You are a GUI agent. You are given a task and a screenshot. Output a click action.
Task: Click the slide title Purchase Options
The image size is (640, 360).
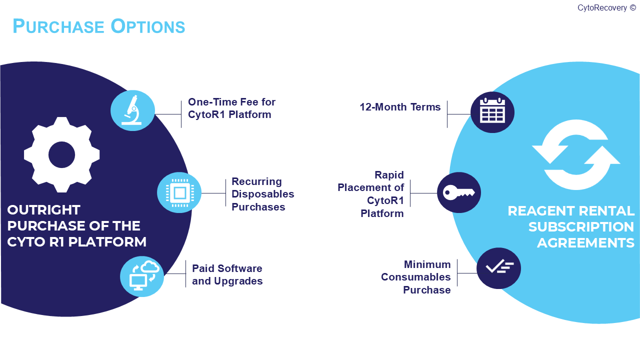pyautogui.click(x=98, y=26)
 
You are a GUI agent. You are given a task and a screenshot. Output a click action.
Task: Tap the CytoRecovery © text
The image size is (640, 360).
pyautogui.click(x=606, y=7)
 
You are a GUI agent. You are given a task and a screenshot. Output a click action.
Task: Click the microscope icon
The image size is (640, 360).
pyautogui.click(x=132, y=110)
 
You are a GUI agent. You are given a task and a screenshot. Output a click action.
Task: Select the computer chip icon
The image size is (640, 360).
pyautogui.click(x=179, y=192)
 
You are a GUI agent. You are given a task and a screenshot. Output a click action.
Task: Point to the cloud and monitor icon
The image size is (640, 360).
pyautogui.click(x=142, y=275)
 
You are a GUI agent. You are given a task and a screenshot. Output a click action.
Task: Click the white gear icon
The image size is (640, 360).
pyautogui.click(x=61, y=154)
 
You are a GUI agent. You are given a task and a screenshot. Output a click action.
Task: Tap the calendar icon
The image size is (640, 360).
pyautogui.click(x=492, y=112)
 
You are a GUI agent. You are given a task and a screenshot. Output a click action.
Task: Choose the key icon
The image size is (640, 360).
pyautogui.click(x=459, y=192)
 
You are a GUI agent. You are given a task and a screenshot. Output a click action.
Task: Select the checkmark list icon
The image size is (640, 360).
pyautogui.click(x=498, y=268)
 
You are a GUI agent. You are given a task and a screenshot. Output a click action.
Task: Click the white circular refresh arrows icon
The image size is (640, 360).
pyautogui.click(x=576, y=154)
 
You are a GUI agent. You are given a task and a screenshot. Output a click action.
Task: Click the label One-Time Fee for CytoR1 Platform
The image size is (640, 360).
pyautogui.click(x=231, y=108)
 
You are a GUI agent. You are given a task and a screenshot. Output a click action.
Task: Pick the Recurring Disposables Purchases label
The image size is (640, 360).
pyautogui.click(x=262, y=194)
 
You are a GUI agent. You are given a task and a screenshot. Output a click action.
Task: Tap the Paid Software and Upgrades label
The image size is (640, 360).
pyautogui.click(x=227, y=274)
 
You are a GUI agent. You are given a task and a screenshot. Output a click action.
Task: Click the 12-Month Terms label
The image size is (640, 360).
pyautogui.click(x=400, y=107)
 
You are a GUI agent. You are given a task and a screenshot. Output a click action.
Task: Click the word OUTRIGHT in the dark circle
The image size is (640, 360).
pyautogui.click(x=43, y=209)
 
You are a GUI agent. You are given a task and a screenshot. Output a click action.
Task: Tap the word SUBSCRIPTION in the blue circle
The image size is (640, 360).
pyautogui.click(x=581, y=226)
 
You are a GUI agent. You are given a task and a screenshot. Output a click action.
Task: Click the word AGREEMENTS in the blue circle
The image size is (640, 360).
pyautogui.click(x=585, y=242)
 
